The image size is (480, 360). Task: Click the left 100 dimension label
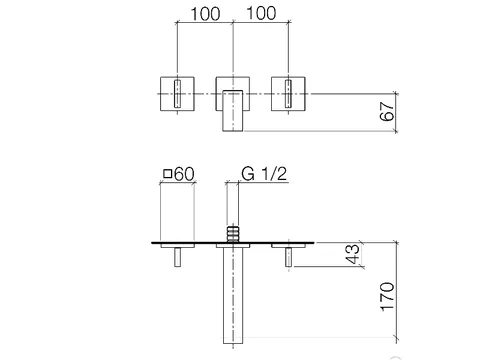(205, 14)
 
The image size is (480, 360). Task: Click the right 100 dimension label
(261, 13)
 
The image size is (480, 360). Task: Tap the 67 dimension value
(387, 111)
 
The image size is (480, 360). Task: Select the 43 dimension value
(353, 254)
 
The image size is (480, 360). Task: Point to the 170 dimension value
(387, 297)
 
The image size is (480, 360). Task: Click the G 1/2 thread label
(264, 174)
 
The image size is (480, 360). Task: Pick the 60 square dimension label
(184, 174)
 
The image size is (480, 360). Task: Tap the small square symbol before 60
(167, 174)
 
